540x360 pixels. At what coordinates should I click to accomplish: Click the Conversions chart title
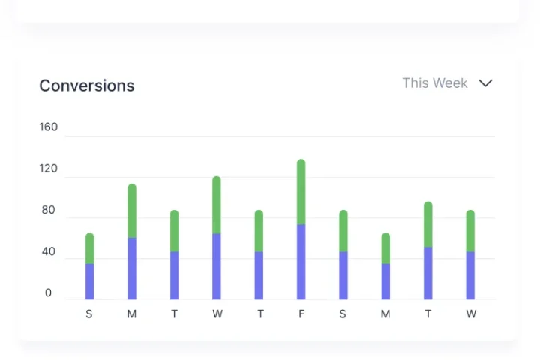(x=86, y=85)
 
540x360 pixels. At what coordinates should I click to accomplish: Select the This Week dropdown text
(x=434, y=83)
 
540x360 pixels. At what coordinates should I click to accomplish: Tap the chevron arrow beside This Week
(x=485, y=83)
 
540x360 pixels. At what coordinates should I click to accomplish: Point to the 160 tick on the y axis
(x=48, y=127)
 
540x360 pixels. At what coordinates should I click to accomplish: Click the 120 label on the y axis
(x=48, y=169)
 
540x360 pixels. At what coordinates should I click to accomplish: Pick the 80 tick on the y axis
(x=48, y=210)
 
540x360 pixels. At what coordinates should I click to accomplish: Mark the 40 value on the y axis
(x=48, y=251)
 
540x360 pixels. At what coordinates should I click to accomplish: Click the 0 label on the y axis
(x=48, y=293)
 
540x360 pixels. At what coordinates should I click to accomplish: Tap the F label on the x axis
(x=301, y=314)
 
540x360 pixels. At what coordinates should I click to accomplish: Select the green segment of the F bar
(x=301, y=192)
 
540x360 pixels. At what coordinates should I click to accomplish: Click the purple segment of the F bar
(x=301, y=262)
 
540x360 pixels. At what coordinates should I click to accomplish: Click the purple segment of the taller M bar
(x=132, y=268)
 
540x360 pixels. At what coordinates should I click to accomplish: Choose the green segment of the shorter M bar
(x=385, y=248)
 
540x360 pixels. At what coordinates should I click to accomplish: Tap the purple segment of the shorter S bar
(x=90, y=281)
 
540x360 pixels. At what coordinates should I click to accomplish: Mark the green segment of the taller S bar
(x=343, y=231)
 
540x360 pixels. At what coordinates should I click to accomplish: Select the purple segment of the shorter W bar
(x=470, y=275)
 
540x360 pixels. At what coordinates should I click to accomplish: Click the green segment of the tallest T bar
(x=428, y=224)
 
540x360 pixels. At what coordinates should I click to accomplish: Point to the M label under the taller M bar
(x=132, y=314)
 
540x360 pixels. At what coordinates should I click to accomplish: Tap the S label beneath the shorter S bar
(x=89, y=314)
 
